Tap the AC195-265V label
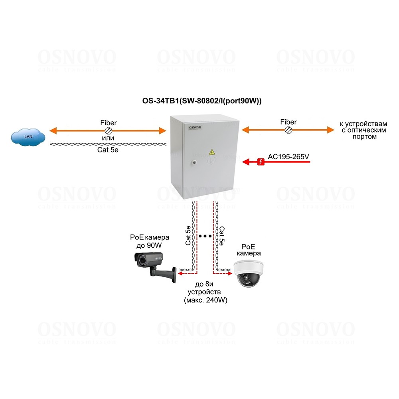(x=288, y=157)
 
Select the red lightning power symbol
(x=261, y=162)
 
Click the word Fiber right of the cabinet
(x=288, y=122)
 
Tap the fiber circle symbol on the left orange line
(x=108, y=130)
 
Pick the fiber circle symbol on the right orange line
(x=288, y=130)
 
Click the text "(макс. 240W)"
(x=205, y=300)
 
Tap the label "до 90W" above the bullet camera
(x=146, y=245)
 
